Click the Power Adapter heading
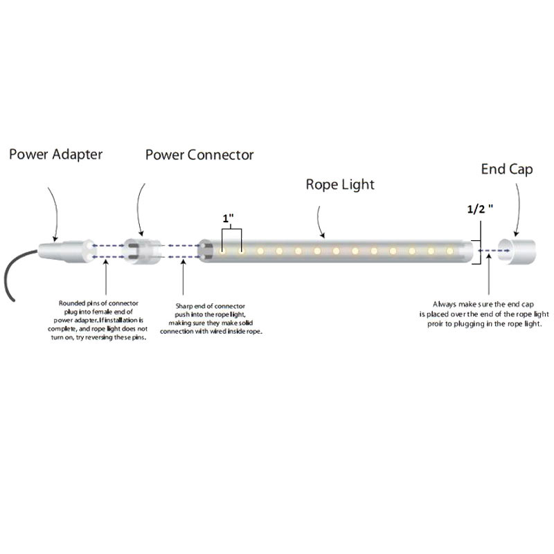click(x=55, y=154)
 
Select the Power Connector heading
click(x=199, y=154)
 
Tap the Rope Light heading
click(x=340, y=185)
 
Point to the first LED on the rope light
click(x=222, y=251)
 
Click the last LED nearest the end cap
click(x=449, y=251)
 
